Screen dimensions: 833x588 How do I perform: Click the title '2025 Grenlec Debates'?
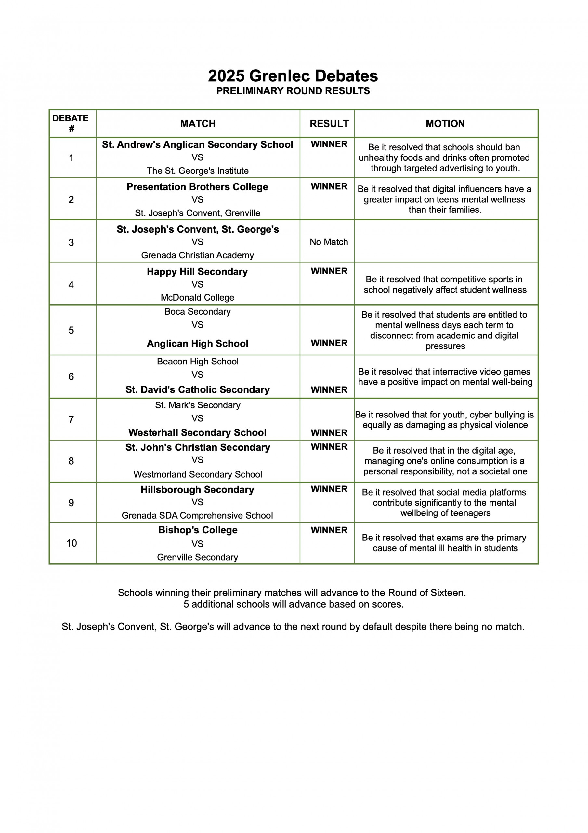293,76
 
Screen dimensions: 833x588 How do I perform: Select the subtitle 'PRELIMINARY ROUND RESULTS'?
293,91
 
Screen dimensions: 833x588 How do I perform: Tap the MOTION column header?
445,124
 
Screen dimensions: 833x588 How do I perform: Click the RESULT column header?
329,124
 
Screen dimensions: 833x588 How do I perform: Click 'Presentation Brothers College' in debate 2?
197,187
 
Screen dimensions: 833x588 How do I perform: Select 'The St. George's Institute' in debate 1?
198,171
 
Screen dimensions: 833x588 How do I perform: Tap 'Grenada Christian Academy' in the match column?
198,255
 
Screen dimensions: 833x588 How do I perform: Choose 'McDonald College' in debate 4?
198,297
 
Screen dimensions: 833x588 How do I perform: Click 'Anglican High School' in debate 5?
198,343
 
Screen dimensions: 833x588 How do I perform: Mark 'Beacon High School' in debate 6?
198,362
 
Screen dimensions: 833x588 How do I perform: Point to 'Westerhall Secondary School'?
198,432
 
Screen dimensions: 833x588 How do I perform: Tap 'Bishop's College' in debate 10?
198,530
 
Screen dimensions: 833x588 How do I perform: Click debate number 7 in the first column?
71,419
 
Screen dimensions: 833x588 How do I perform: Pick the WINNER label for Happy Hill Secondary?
329,271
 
